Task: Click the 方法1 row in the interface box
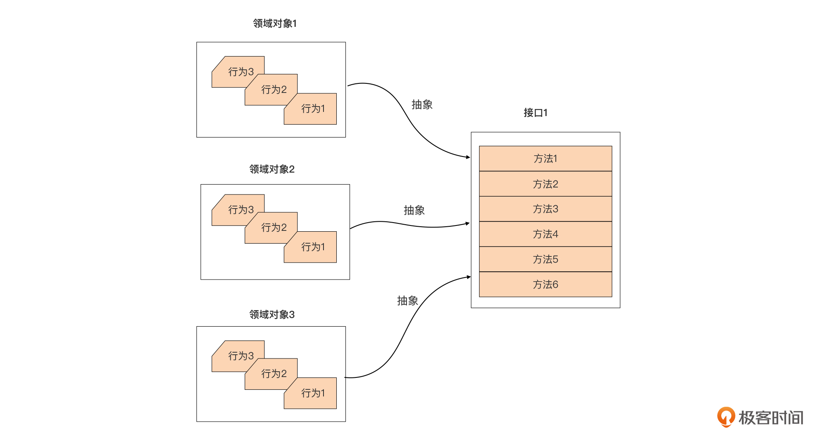pos(545,159)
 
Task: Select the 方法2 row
pos(545,184)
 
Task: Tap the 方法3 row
pos(545,209)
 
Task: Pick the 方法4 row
pos(545,234)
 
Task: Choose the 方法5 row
pos(545,259)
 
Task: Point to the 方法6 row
pos(545,285)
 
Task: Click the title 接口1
pos(535,113)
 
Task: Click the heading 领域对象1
pos(275,24)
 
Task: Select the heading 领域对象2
pos(272,169)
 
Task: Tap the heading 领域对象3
pos(272,315)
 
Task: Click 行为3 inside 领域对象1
pos(241,72)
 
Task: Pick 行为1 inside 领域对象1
pos(313,109)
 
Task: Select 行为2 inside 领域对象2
pos(274,228)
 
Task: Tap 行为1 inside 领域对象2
pos(313,247)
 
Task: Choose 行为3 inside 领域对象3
pos(241,356)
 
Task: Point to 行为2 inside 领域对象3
pos(274,374)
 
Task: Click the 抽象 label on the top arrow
pos(422,105)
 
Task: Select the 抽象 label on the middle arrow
pos(414,211)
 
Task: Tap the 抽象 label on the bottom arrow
pos(407,301)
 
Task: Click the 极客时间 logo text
pos(770,418)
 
